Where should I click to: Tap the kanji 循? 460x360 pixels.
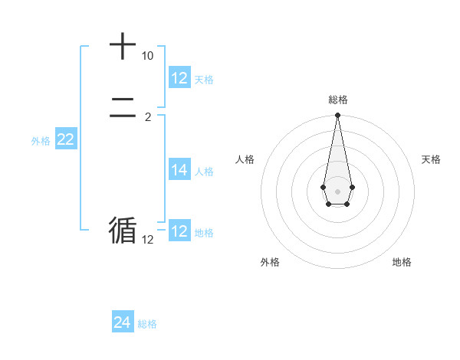point(123,229)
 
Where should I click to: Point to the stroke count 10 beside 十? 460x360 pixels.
point(147,57)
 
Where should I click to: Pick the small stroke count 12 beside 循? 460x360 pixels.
point(147,240)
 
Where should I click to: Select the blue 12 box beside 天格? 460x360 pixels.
point(179,78)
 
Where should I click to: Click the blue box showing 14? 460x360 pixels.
point(179,170)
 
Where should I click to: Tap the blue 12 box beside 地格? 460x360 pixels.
point(179,231)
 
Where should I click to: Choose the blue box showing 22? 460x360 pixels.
point(65,139)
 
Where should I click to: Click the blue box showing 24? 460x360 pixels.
point(123,322)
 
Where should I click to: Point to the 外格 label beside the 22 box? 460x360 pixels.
point(41,141)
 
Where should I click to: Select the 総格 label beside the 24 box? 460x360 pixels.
point(147,324)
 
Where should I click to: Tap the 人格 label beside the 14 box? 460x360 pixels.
point(204,172)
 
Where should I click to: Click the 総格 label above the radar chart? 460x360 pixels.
point(337,100)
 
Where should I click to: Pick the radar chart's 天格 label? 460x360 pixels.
point(431,159)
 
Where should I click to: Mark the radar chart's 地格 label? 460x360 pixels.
point(402,262)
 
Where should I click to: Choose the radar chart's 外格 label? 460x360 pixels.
point(270,262)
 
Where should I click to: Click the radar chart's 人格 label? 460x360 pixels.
point(245,159)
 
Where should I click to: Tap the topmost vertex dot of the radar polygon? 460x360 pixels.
point(337,116)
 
